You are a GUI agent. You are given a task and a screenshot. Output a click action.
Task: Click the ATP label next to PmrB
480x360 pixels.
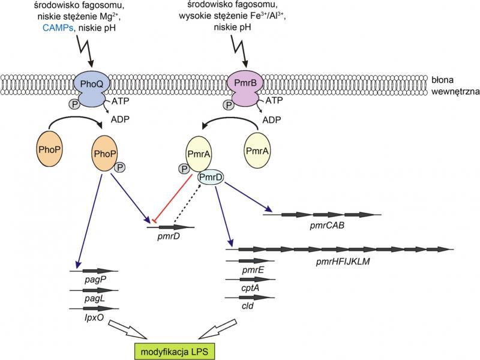coord(274,102)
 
